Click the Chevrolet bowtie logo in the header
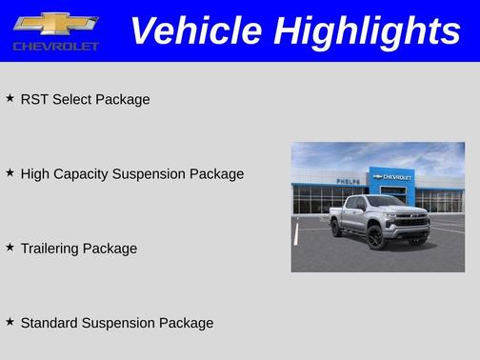(x=55, y=23)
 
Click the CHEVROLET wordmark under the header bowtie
(x=55, y=46)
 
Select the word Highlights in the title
(x=367, y=30)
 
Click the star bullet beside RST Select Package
(x=10, y=98)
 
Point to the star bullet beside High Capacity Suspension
(x=10, y=172)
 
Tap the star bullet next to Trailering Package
(x=10, y=247)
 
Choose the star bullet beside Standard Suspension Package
(x=10, y=322)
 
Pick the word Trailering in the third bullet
(x=50, y=249)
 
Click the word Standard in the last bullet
(x=50, y=323)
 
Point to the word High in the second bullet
(x=35, y=173)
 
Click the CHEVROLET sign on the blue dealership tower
(x=396, y=177)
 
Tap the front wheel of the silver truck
(x=376, y=238)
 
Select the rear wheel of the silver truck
(x=336, y=229)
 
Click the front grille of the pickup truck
(x=413, y=221)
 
